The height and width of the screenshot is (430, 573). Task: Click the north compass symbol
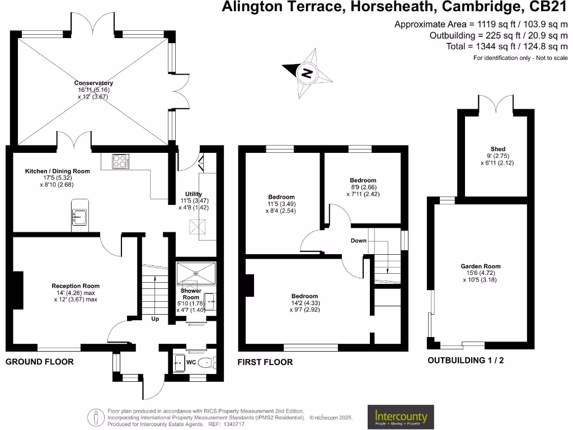pyautogui.click(x=306, y=73)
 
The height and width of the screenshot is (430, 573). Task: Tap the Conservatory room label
pyautogui.click(x=94, y=83)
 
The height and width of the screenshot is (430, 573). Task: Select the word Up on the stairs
pyautogui.click(x=155, y=319)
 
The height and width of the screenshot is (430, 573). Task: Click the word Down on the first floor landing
pyautogui.click(x=359, y=241)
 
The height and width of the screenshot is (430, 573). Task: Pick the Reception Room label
pyautogui.click(x=75, y=286)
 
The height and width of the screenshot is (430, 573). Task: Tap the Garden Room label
pyautogui.click(x=481, y=267)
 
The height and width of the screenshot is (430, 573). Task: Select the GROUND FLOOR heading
pyautogui.click(x=39, y=362)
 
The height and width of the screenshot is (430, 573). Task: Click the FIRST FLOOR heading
pyautogui.click(x=265, y=362)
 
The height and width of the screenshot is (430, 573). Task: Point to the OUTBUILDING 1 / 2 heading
pyautogui.click(x=466, y=361)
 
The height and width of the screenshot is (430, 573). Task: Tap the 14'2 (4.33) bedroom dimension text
pyautogui.click(x=304, y=303)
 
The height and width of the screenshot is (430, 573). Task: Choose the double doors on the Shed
pyautogui.click(x=496, y=104)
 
